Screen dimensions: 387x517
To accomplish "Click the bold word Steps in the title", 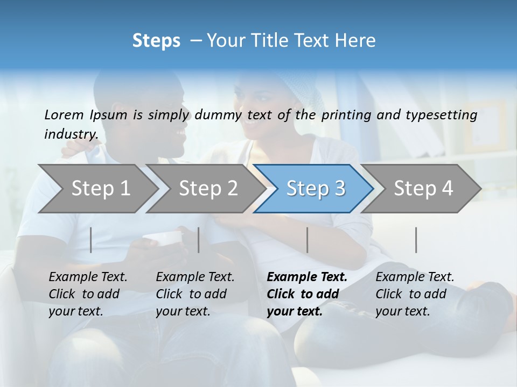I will (x=156, y=41).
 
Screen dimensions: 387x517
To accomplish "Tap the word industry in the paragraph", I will (x=70, y=134).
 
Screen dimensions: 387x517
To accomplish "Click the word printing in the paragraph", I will (x=341, y=114).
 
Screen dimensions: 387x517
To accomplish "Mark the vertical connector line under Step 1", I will (x=91, y=240).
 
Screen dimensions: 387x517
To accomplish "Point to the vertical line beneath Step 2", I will (x=199, y=240).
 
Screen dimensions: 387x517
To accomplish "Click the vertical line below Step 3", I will (x=307, y=240).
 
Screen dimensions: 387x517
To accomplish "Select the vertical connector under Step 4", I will (x=416, y=240).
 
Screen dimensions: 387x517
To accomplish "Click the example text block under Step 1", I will (x=88, y=294).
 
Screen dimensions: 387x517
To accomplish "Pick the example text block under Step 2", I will (x=195, y=294).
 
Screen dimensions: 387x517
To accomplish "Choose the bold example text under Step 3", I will (x=307, y=294).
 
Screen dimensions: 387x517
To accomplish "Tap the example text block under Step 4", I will (x=415, y=294).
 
